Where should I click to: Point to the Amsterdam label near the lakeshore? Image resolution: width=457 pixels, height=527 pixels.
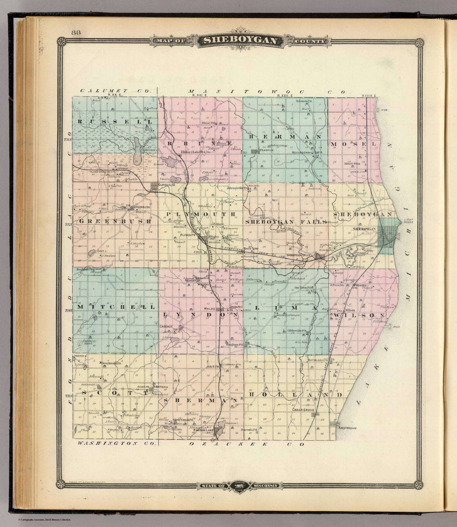[348, 428]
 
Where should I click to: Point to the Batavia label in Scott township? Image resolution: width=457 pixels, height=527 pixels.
[161, 387]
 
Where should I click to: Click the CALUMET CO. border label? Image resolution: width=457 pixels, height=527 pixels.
[115, 91]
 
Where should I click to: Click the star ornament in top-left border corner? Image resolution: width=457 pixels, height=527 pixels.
[61, 43]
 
